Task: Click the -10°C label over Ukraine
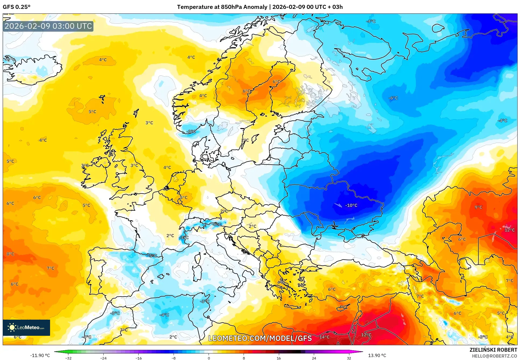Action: click(351, 205)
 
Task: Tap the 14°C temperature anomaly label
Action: click(324, 337)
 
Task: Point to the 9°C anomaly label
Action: click(478, 207)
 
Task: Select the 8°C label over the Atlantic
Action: click(10, 254)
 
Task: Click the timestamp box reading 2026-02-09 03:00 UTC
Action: click(48, 26)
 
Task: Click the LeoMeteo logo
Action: click(26, 327)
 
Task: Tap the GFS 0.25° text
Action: click(16, 7)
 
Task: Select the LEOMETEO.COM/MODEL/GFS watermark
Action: click(260, 338)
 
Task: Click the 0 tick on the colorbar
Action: click(209, 358)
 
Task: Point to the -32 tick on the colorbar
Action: click(68, 358)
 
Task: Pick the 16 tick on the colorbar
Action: click(279, 358)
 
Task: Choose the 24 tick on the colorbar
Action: click(314, 358)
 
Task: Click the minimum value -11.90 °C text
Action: click(40, 355)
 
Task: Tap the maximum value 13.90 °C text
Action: click(377, 355)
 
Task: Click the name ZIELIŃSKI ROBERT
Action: click(493, 350)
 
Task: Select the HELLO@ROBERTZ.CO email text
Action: click(494, 356)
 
